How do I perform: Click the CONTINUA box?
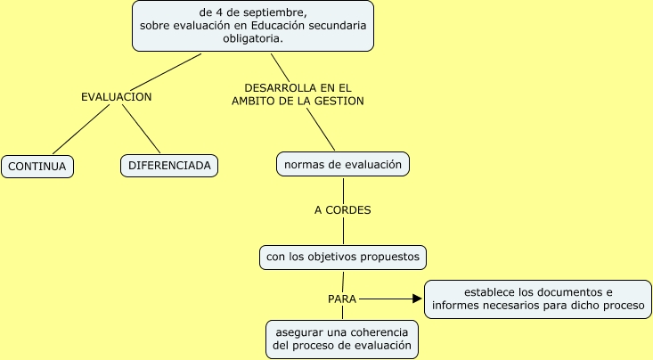(38, 167)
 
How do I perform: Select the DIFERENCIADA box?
(169, 167)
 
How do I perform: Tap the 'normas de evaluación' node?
(343, 164)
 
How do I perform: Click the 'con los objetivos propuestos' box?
(343, 258)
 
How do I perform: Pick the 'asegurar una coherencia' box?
(343, 337)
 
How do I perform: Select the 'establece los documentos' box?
(538, 299)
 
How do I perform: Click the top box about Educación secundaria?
(252, 26)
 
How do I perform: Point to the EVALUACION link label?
(116, 96)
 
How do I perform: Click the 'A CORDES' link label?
(343, 211)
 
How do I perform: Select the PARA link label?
(342, 299)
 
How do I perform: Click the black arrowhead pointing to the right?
(416, 299)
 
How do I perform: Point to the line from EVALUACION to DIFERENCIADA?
(142, 130)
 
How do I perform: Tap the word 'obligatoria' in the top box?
(252, 39)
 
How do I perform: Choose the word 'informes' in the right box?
(453, 307)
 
